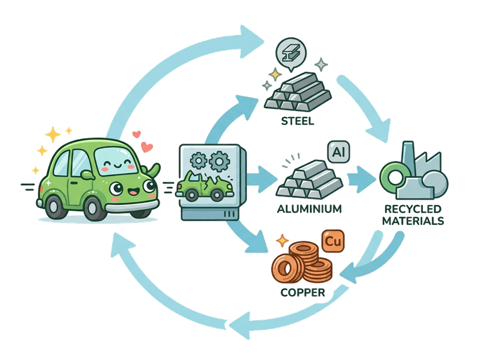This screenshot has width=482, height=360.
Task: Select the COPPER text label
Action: pyautogui.click(x=302, y=293)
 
